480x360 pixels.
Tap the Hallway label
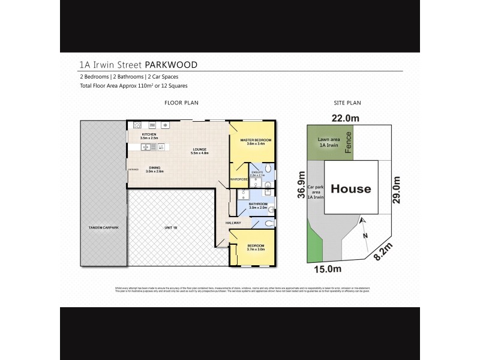(x=233, y=223)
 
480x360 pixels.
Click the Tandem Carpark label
(x=103, y=228)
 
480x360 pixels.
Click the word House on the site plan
(x=352, y=189)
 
